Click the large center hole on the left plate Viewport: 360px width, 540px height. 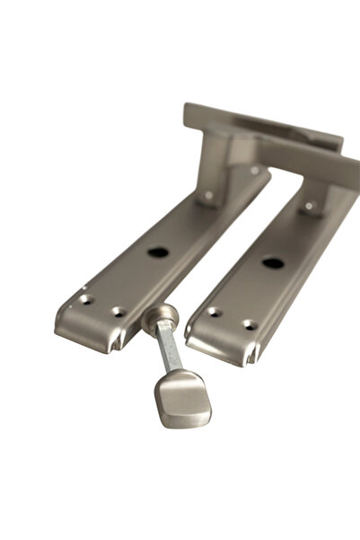pos(158,252)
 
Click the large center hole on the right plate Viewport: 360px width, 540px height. pos(272,263)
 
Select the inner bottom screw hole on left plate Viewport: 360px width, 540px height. pos(118,312)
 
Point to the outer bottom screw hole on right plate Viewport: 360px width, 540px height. pos(250,325)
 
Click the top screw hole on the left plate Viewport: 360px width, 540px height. pos(208,195)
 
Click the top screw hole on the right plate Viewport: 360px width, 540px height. pos(311,208)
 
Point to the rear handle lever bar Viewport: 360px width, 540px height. pos(260,125)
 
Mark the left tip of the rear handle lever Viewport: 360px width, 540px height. pos(189,111)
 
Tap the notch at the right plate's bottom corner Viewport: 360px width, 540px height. pos(252,359)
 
